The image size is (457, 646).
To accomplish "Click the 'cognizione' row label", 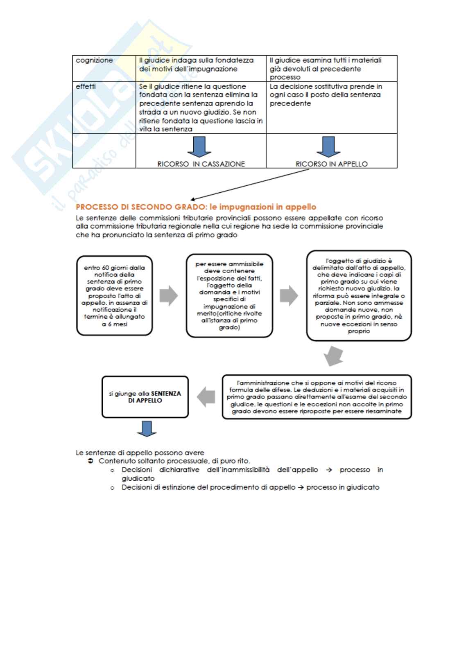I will pos(94,61).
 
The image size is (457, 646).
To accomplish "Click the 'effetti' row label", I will pos(86,87).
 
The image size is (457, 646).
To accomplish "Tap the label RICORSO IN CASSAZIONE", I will pos(201,164).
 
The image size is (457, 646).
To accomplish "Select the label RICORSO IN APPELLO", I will pos(332,164).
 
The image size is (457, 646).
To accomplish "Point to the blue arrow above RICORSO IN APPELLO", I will pos(328,147).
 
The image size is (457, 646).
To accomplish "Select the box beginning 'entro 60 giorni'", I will pos(114,295).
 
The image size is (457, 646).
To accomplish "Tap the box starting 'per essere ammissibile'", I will pos(229,295).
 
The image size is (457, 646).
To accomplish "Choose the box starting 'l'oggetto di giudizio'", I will pos(359,295).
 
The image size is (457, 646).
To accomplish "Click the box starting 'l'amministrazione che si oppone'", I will pos(317,397).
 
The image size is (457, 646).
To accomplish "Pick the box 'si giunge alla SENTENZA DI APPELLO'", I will pos(145,397).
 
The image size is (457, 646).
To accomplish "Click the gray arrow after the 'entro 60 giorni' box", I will pos(168,296).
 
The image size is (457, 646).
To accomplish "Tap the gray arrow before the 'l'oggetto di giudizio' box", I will pos(289,296).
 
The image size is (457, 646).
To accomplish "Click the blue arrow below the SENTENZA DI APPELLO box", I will pos(146,428).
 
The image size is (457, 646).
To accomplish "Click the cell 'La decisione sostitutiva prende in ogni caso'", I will pos(331,95).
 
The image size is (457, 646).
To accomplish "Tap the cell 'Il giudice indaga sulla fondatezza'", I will pos(200,65).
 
